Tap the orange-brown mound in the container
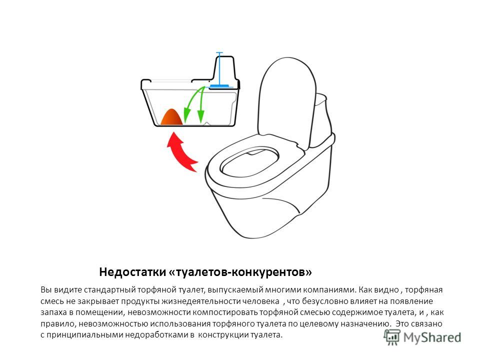pos(171,117)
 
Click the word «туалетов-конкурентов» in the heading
pos(240,272)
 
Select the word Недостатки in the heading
pos(132,272)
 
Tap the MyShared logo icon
pos(392,337)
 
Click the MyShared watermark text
pos(432,337)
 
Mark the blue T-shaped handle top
pos(219,53)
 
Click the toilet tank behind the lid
pos(321,116)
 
